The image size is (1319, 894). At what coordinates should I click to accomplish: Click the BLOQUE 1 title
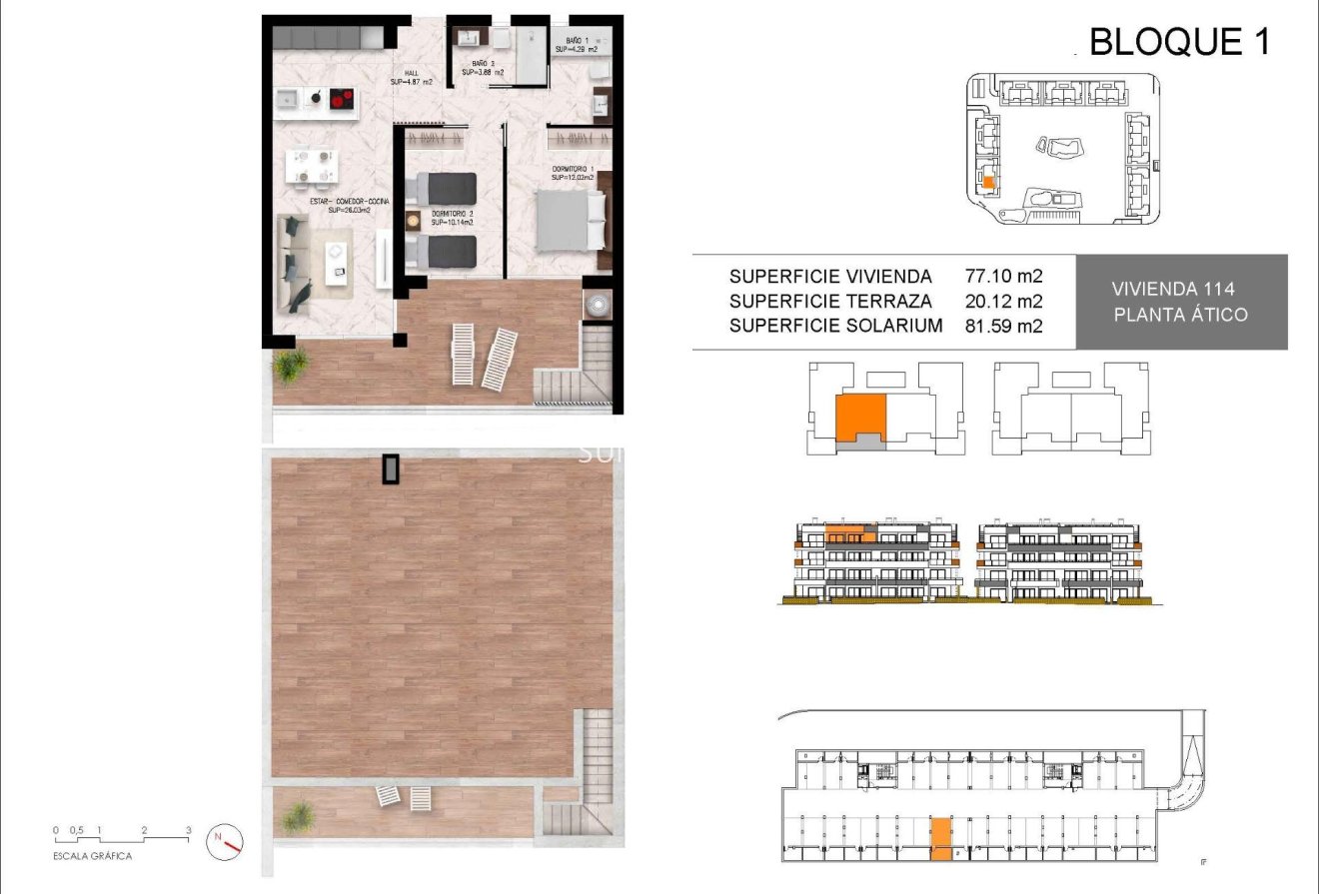[x=1179, y=42]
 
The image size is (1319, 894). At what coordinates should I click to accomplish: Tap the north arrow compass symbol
[x=225, y=842]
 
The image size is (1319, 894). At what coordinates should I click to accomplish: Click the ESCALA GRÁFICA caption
[x=92, y=856]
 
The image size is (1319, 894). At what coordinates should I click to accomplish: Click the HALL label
[x=411, y=77]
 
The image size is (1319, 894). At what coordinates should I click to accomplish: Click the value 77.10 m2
[x=1003, y=276]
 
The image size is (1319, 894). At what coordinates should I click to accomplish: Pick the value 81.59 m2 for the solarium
[x=1003, y=326]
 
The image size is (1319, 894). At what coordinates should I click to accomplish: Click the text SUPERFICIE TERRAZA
[x=830, y=301]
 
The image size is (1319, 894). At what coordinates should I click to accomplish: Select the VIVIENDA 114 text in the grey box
[x=1173, y=289]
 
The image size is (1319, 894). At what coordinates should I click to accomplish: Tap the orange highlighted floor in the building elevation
[x=849, y=532]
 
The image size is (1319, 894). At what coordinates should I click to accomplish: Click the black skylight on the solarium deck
[x=391, y=468]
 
